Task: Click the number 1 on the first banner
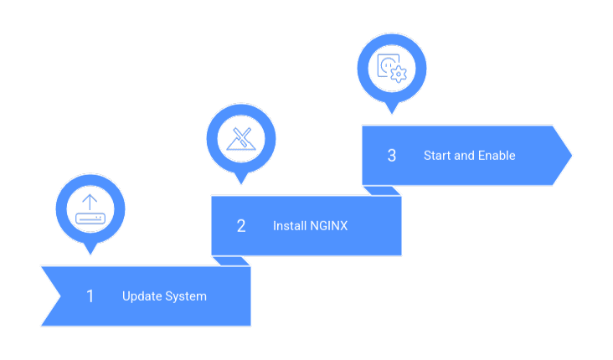point(90,296)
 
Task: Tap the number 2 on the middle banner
point(241,226)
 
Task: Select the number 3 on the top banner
point(391,156)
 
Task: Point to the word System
point(186,296)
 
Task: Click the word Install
point(290,226)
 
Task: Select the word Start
point(437,156)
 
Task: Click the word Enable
point(497,156)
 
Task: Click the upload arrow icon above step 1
point(90,208)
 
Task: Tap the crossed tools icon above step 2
point(240,138)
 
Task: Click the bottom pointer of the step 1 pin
point(90,249)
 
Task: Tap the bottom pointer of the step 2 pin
point(240,179)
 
